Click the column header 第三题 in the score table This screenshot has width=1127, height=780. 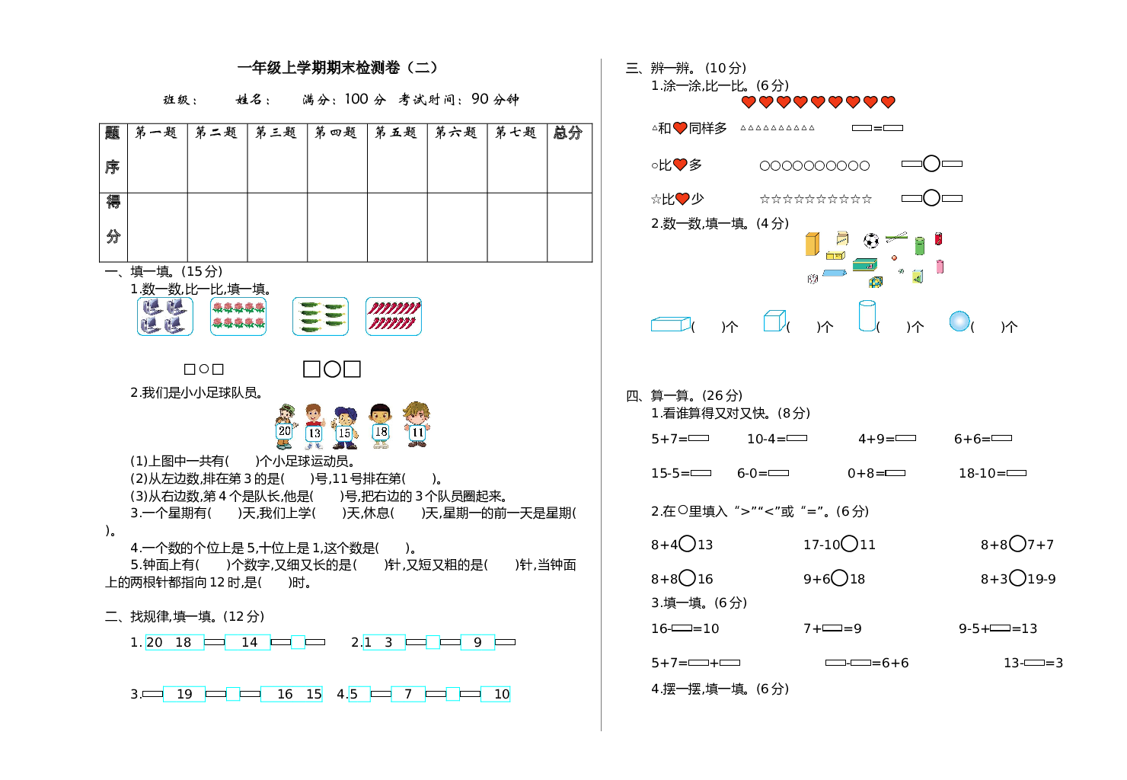coord(276,133)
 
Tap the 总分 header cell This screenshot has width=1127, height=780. coord(568,133)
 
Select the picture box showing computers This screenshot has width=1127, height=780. coord(165,316)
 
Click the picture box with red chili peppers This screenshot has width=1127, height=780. coord(394,316)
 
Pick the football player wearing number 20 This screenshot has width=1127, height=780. coord(285,427)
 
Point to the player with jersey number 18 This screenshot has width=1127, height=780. coord(381,426)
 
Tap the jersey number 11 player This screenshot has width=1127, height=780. coord(417,425)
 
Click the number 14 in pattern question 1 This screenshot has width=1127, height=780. coord(249,642)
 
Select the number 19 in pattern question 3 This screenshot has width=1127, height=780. coord(184,694)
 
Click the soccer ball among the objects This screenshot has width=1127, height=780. coord(871,241)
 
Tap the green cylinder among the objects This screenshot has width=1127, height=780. coord(920,245)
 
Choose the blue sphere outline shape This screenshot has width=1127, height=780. coord(959,321)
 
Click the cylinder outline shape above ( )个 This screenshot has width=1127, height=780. coord(867,315)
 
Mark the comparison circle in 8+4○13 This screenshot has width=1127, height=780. coord(687,543)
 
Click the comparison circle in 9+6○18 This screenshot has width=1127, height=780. coord(839,577)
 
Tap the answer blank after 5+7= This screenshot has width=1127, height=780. coord(698,438)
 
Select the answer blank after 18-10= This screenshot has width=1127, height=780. coord(1016,473)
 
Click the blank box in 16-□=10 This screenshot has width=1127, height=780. coord(682,628)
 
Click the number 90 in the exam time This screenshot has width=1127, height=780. coord(480,98)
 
